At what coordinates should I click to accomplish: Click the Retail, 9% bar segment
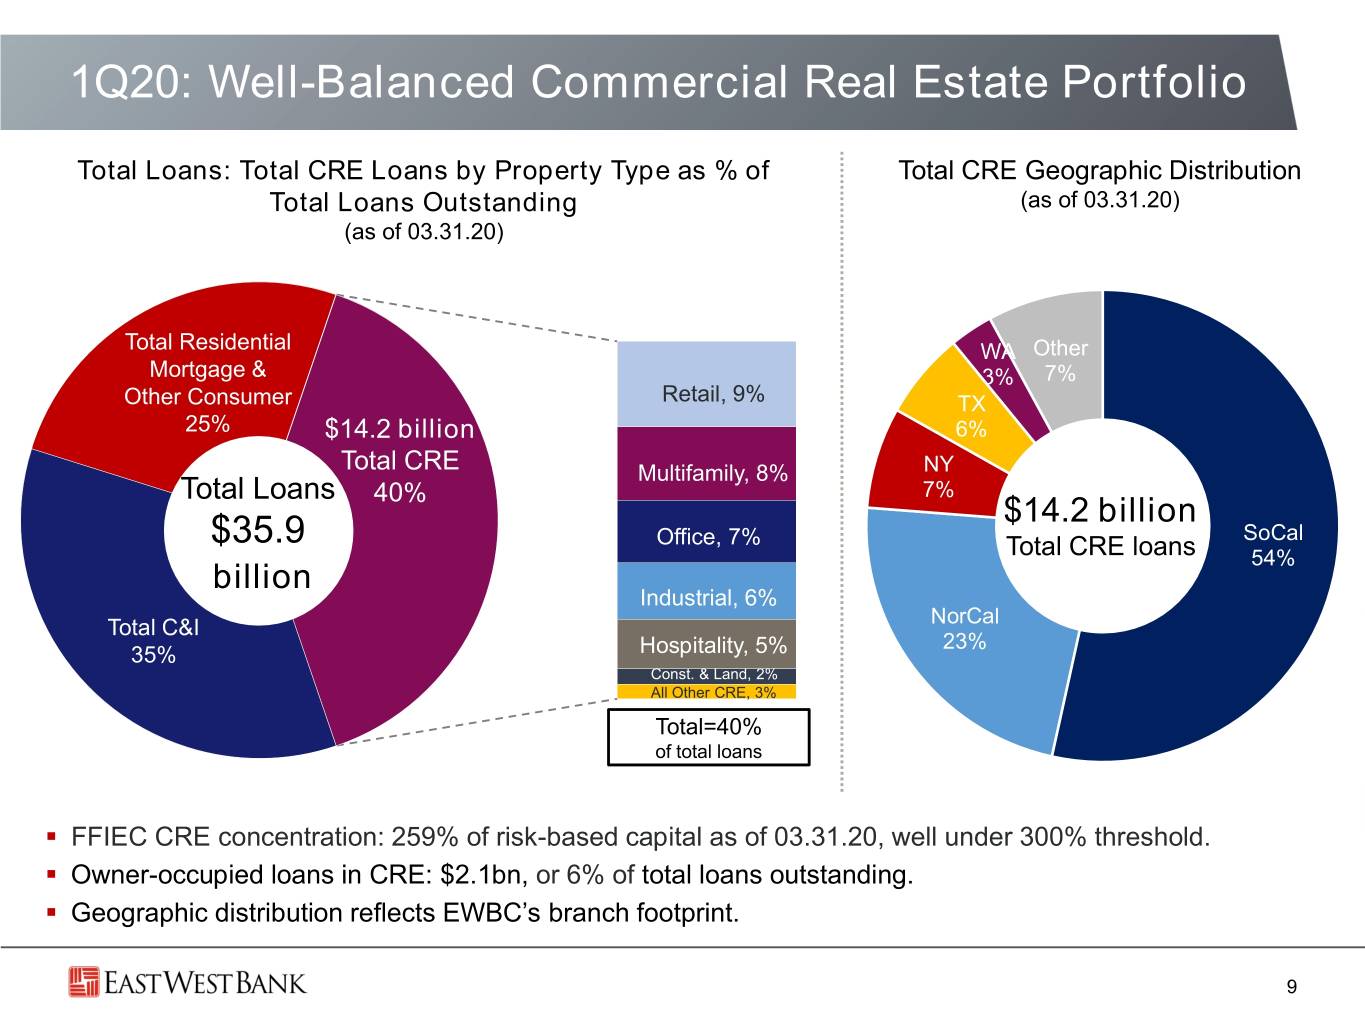(x=706, y=384)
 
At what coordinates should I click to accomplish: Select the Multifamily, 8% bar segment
(x=706, y=464)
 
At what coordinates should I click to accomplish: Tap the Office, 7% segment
(x=706, y=532)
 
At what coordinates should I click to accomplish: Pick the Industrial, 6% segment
(x=706, y=591)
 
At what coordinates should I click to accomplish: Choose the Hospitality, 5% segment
(x=706, y=644)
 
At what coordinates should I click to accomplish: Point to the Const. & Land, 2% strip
(x=706, y=676)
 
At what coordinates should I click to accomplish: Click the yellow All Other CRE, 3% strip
(x=706, y=691)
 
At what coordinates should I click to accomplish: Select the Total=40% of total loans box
(x=708, y=737)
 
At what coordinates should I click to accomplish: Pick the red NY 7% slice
(x=933, y=473)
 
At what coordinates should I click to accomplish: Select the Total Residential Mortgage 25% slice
(x=187, y=373)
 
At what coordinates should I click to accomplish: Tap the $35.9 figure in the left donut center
(x=258, y=530)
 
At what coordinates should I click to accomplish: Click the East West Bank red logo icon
(x=84, y=982)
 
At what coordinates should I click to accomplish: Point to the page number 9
(x=1292, y=987)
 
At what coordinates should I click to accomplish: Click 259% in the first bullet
(x=424, y=837)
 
